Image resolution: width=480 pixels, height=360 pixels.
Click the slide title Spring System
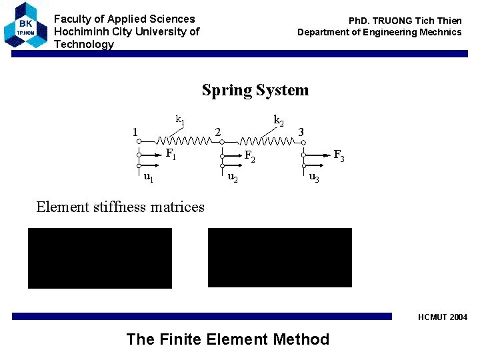point(255,90)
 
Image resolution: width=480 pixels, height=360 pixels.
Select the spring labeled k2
point(266,141)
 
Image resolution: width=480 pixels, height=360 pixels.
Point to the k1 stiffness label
point(180,120)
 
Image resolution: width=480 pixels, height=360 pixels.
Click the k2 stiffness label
point(279,120)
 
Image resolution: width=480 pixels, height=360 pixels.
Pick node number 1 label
point(135,132)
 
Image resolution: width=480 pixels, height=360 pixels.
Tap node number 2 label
point(218,132)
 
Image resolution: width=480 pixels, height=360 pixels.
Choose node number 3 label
point(301,132)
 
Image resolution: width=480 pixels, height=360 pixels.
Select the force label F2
point(250,157)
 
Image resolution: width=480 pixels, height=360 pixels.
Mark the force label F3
point(339,156)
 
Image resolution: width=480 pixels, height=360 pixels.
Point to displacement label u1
point(149,177)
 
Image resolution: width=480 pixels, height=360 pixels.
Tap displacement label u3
point(313,178)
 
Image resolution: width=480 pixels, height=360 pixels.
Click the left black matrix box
point(99,258)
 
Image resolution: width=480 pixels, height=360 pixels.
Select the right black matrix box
point(279,258)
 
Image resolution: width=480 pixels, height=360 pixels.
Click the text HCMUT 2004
point(443,317)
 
